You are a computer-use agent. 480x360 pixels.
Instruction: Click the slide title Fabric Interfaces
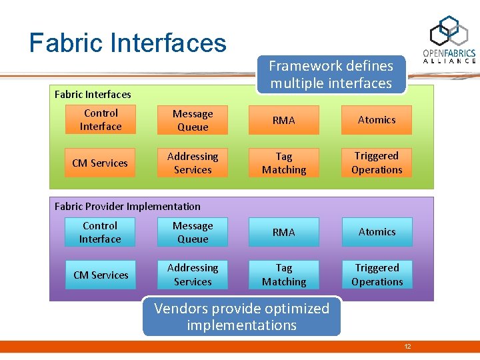pyautogui.click(x=127, y=43)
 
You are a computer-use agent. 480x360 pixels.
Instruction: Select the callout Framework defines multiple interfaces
pyautogui.click(x=331, y=75)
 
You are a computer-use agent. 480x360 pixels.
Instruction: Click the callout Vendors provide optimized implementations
pyautogui.click(x=241, y=317)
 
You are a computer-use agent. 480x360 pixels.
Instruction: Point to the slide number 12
pyautogui.click(x=407, y=347)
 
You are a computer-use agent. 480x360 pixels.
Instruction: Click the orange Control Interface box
pyautogui.click(x=101, y=120)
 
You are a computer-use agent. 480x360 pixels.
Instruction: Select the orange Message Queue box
pyautogui.click(x=193, y=121)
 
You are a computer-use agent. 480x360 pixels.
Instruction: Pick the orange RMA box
pyautogui.click(x=284, y=121)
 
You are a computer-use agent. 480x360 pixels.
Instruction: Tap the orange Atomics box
pyautogui.click(x=377, y=120)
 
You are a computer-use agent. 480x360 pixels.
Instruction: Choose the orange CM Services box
pyautogui.click(x=100, y=163)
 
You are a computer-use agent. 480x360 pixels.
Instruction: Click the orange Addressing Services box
pyautogui.click(x=193, y=163)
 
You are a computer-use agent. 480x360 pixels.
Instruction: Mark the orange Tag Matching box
pyautogui.click(x=284, y=163)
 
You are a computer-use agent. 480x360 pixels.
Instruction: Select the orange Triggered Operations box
pyautogui.click(x=377, y=163)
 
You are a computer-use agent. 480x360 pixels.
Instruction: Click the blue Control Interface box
pyautogui.click(x=100, y=233)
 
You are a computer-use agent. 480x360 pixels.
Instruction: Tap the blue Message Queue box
pyautogui.click(x=193, y=233)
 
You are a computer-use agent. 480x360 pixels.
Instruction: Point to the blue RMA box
pyautogui.click(x=284, y=233)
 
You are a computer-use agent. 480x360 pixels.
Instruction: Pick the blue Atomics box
pyautogui.click(x=377, y=232)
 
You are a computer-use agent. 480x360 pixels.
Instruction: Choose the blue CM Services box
pyautogui.click(x=101, y=275)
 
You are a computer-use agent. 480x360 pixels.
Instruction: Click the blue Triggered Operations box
pyautogui.click(x=377, y=275)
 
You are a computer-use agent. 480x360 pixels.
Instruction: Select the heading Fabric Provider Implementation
pyautogui.click(x=127, y=207)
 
